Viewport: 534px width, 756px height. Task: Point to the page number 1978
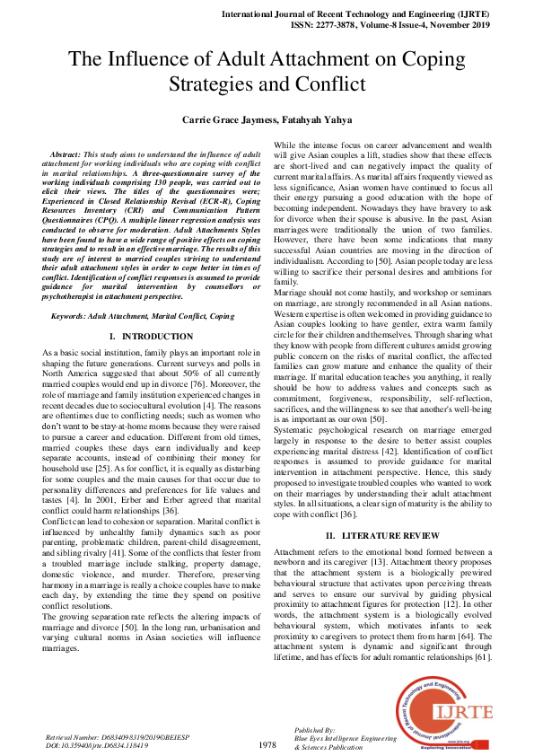coord(267,745)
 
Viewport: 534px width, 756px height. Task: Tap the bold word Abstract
coord(69,155)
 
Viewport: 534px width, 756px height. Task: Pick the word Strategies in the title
coord(213,84)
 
